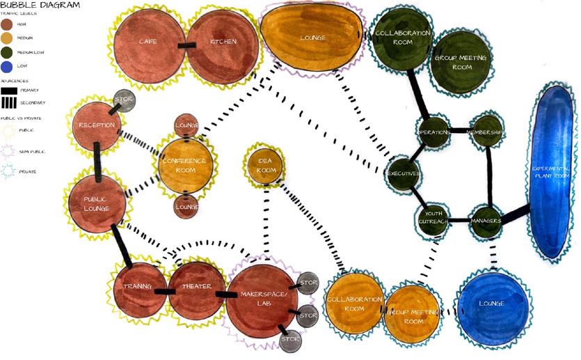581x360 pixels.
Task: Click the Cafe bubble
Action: (x=148, y=43)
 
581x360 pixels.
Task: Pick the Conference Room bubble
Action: (x=184, y=165)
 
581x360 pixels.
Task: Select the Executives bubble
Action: (x=403, y=173)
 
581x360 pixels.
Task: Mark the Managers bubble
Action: (x=486, y=221)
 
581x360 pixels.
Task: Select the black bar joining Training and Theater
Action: (x=164, y=291)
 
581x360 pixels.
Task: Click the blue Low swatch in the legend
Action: (x=7, y=65)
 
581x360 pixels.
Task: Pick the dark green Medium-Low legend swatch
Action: (x=7, y=52)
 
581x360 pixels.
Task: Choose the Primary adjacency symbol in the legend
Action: (x=10, y=91)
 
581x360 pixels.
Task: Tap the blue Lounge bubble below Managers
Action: (x=492, y=304)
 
